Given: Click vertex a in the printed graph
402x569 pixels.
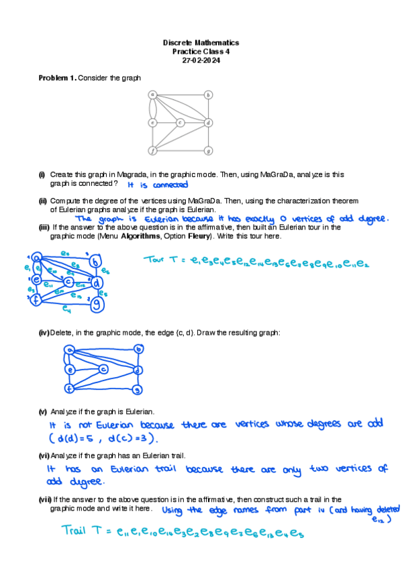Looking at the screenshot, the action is (153, 95).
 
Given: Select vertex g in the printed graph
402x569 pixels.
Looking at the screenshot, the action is (209, 150).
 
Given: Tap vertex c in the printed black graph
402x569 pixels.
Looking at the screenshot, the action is (181, 123).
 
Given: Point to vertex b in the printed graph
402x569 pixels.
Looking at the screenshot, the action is (209, 95).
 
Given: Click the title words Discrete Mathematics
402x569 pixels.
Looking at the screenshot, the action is (201, 43).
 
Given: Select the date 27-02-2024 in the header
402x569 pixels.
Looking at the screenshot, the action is (201, 60).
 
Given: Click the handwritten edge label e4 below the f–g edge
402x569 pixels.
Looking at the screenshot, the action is (66, 309).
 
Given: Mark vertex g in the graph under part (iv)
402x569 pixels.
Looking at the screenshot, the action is (138, 389).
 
